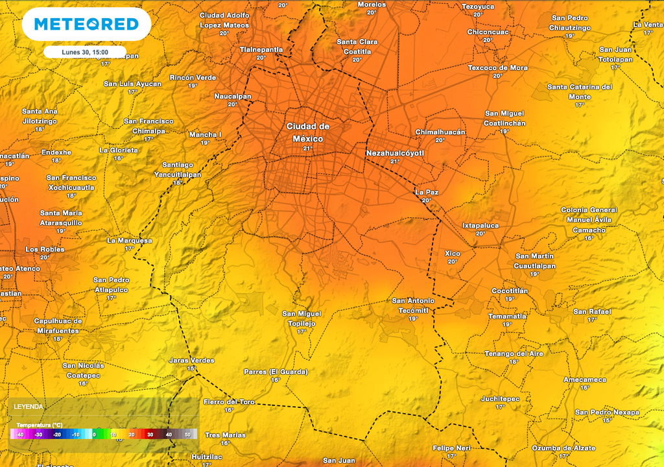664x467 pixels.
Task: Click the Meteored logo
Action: tap(86, 25)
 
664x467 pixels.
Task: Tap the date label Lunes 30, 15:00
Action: tap(85, 52)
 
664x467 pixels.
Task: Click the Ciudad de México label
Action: tap(308, 132)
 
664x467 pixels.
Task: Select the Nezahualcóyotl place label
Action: tap(395, 153)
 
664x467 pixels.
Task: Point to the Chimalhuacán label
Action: tap(440, 132)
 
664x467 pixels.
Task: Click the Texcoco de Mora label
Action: tap(498, 67)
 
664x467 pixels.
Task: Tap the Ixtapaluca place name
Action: tap(480, 225)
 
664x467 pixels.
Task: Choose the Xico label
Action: tap(453, 253)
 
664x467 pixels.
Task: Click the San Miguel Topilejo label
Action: tap(302, 318)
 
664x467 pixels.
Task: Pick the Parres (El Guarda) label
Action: tap(276, 372)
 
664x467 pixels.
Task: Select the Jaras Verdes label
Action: tap(191, 360)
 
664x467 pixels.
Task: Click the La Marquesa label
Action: tap(130, 240)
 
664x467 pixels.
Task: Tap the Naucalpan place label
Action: tap(233, 96)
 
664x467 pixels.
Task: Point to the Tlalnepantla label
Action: tap(261, 49)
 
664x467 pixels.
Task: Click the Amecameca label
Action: tap(585, 379)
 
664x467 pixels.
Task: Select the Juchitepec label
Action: tap(501, 398)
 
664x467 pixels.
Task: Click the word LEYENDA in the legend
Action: tap(29, 407)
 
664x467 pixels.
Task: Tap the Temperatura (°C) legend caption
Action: tap(40, 425)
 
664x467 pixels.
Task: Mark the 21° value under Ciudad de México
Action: tap(307, 149)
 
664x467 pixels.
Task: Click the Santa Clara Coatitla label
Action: tap(357, 46)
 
